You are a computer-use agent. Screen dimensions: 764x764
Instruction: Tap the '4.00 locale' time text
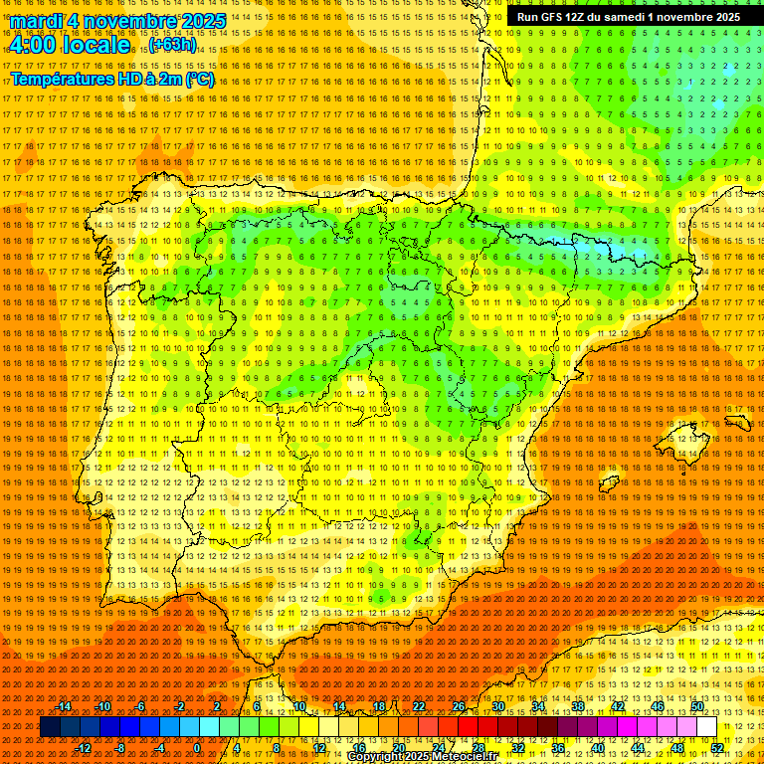69,45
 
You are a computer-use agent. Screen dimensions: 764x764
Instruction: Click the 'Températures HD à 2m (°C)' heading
112,79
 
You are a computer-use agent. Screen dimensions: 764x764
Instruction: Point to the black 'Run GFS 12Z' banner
628,17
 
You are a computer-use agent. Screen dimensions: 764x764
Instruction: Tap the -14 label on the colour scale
65,706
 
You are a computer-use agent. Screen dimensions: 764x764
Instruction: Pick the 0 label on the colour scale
197,748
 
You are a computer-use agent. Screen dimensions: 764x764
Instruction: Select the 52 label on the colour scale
717,748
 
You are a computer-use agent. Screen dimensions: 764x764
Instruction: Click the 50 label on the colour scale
697,706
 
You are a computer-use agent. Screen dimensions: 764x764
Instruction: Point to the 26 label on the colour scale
459,706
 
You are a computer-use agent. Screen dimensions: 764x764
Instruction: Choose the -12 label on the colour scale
84,748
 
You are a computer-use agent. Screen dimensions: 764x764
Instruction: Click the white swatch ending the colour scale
707,727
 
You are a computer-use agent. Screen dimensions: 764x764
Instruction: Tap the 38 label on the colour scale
578,706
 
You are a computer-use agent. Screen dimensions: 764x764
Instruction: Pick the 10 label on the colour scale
298,706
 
